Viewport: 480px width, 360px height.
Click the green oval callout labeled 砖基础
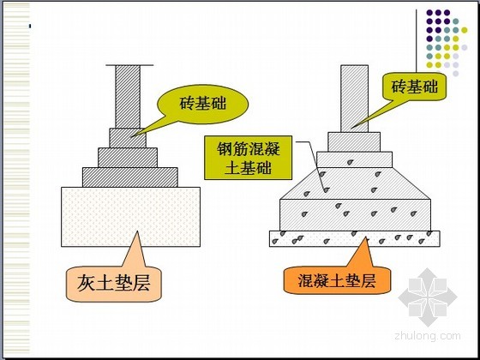pyautogui.click(x=202, y=104)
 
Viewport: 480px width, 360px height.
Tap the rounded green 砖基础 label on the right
pyautogui.click(x=415, y=87)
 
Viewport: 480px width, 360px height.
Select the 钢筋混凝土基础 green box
pyautogui.click(x=249, y=158)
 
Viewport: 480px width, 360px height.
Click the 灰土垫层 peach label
pyautogui.click(x=114, y=283)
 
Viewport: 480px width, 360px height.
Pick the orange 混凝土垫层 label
pyautogui.click(x=337, y=281)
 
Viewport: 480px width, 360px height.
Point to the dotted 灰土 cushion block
pyautogui.click(x=130, y=217)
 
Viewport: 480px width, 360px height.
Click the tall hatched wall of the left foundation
pyautogui.click(x=128, y=96)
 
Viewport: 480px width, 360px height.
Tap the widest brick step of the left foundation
pyautogui.click(x=130, y=177)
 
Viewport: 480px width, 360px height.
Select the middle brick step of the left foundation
pyautogui.click(x=128, y=158)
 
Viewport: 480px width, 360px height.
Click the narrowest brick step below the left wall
pyautogui.click(x=128, y=138)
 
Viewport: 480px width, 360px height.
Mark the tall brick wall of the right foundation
pyautogui.click(x=355, y=99)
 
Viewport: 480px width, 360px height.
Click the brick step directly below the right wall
pyautogui.click(x=354, y=142)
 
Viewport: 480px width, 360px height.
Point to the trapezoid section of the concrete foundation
pyautogui.click(x=355, y=183)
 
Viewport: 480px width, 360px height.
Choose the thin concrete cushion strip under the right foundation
pyautogui.click(x=355, y=239)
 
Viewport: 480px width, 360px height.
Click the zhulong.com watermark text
pyautogui.click(x=428, y=336)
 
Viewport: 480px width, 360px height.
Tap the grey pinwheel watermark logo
pyautogui.click(x=428, y=297)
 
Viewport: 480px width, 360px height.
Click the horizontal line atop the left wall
pyautogui.click(x=129, y=65)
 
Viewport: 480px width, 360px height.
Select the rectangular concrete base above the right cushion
pyautogui.click(x=356, y=215)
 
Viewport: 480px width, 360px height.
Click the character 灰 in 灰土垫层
pyautogui.click(x=86, y=283)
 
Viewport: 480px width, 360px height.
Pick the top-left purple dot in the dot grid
pyautogui.click(x=429, y=13)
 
